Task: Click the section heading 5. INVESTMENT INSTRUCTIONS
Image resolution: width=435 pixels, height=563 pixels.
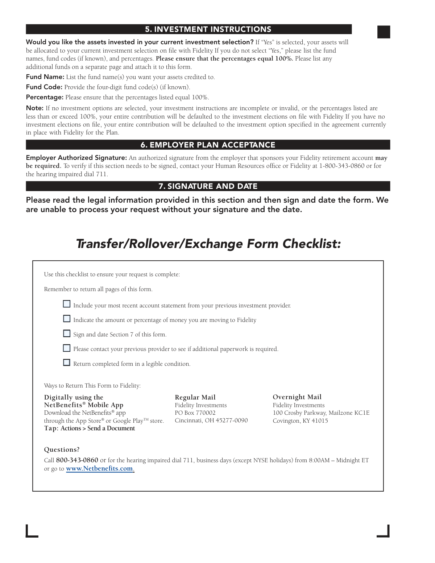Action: click(208, 29)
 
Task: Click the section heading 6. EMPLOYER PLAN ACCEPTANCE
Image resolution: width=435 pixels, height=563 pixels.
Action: click(208, 145)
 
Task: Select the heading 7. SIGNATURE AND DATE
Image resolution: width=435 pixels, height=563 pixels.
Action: click(208, 186)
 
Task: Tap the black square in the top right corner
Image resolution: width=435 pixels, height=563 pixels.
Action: click(384, 32)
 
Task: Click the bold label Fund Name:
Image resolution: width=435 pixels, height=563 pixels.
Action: click(45, 77)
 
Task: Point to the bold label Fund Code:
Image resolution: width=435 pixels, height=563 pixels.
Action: click(44, 87)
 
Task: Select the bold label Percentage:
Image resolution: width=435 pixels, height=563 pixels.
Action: click(45, 97)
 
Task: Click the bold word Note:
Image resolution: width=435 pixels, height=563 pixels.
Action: click(35, 108)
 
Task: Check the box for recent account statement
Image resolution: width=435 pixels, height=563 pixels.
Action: click(67, 304)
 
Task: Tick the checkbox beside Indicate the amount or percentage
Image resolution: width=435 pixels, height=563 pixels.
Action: click(67, 319)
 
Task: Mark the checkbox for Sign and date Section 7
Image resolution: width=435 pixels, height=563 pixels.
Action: click(67, 333)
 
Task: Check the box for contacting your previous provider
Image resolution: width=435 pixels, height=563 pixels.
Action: click(67, 348)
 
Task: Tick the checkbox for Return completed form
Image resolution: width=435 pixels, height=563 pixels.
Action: click(67, 363)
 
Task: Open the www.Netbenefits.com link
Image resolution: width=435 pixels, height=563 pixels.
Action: click(100, 468)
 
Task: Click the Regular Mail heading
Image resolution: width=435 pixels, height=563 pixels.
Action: click(195, 397)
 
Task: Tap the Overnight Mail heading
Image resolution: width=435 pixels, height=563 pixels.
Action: click(297, 397)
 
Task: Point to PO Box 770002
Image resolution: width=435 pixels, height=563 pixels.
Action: click(195, 413)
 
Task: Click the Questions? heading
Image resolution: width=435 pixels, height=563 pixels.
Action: click(62, 450)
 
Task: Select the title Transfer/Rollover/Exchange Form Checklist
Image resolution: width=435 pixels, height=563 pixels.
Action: click(208, 244)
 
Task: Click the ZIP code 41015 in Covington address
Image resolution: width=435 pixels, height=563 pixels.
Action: click(320, 421)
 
